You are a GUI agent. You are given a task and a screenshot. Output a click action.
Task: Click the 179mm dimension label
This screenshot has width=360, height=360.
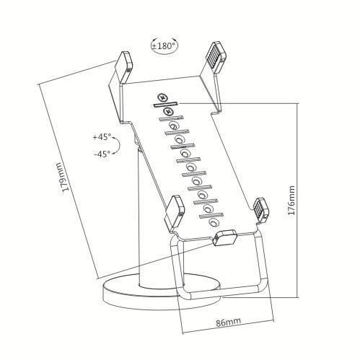point(62,177)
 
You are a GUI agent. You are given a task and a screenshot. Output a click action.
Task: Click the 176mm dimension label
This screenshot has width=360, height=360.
point(291,200)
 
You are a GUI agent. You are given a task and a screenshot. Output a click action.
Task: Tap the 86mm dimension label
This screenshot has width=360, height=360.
point(228,322)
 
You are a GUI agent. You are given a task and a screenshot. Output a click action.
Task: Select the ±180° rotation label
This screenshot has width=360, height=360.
point(164,45)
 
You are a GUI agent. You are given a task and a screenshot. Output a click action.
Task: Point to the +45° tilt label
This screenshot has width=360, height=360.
point(102,137)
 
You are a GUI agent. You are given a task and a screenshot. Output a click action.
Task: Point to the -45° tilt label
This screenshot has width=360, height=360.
point(102,154)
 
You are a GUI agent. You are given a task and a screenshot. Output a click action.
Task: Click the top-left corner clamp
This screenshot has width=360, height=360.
point(124,66)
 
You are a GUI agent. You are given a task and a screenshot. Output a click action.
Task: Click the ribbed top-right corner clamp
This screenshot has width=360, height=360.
point(214,57)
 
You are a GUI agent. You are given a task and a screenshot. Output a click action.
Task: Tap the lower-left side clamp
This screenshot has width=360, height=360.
point(174,212)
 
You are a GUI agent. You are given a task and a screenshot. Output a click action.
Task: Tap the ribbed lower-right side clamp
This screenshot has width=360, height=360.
point(260,209)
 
